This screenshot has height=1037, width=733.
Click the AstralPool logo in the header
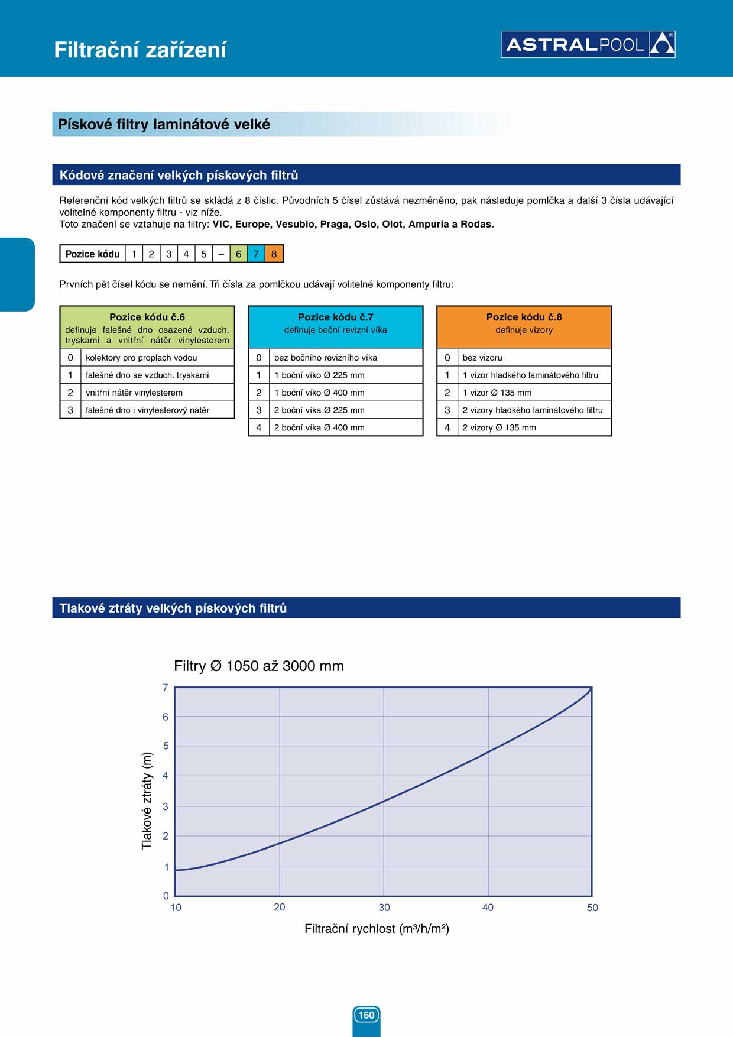[x=588, y=44]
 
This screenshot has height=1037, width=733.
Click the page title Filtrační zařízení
[x=140, y=50]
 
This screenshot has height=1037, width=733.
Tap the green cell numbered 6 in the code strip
[x=239, y=254]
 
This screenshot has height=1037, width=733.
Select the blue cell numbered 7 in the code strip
[x=256, y=254]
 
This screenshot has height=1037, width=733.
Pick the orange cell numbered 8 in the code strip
[x=274, y=254]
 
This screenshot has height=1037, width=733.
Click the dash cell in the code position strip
[x=221, y=254]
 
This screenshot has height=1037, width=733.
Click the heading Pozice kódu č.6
[x=147, y=317]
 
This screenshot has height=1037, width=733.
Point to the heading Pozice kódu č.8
[x=524, y=317]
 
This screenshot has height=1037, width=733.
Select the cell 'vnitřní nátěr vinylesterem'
[x=134, y=393]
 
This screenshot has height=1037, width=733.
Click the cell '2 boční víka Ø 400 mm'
[x=319, y=427]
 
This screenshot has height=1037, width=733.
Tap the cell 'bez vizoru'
[x=482, y=358]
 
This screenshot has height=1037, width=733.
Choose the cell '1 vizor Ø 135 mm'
[x=497, y=393]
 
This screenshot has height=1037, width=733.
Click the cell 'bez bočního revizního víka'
[x=326, y=358]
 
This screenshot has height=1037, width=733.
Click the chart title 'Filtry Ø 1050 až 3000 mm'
[x=259, y=666]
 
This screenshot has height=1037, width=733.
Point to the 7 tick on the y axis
[x=166, y=688]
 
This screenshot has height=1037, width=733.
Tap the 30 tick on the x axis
[x=384, y=908]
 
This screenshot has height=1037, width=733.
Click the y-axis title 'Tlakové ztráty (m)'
[x=147, y=801]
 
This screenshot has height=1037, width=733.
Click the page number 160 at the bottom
[x=367, y=1015]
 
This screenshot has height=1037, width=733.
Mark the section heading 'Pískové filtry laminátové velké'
[x=164, y=124]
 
